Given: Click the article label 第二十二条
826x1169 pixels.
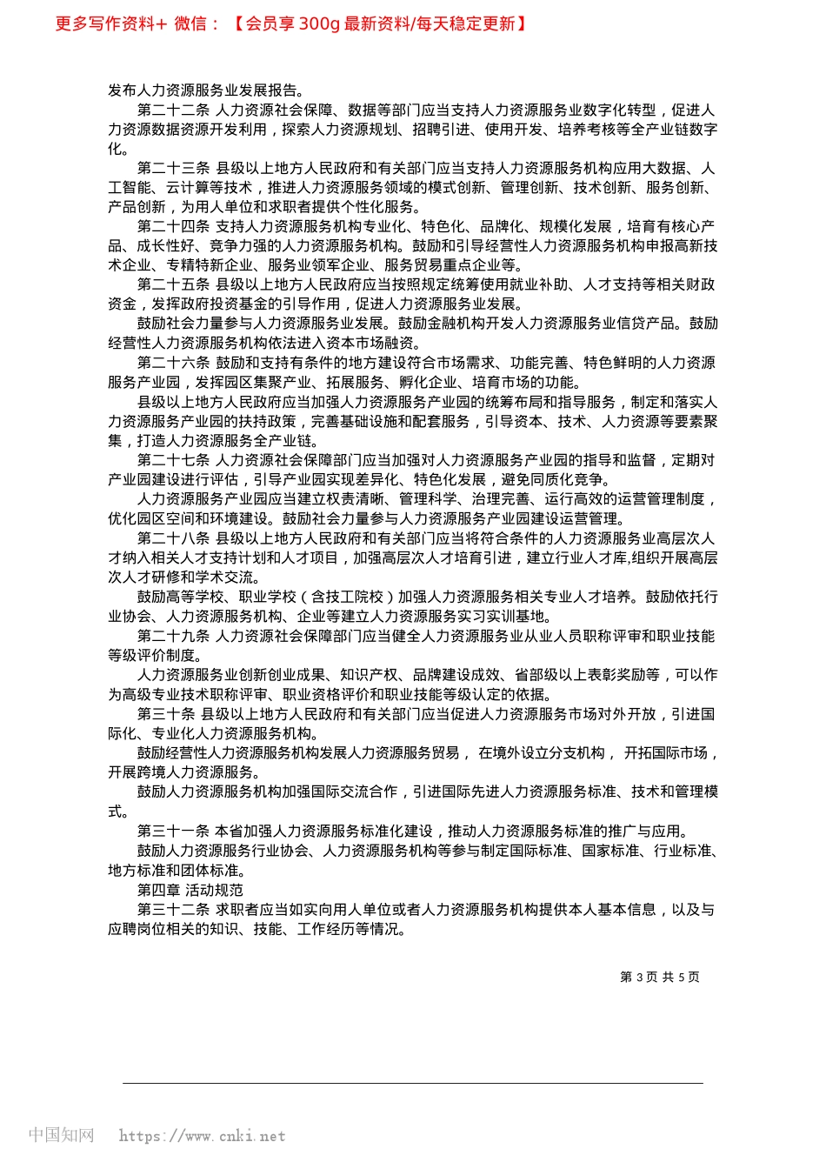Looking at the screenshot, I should pos(173,110).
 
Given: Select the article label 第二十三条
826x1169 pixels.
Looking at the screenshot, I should pos(173,169).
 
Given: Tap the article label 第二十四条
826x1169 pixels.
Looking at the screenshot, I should pos(173,227).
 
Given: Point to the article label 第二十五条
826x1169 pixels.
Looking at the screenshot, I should pos(173,285).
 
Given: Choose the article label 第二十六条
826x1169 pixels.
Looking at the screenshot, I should pos(173,363).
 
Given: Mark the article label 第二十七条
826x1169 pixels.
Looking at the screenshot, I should pos(173,460).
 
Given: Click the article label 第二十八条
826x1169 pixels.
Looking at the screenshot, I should pos(173,538).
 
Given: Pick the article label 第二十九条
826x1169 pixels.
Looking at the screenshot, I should pos(173,636).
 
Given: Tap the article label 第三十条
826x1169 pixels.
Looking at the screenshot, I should pos(166,714).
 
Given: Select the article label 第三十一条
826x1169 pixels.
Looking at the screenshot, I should pos(173,831).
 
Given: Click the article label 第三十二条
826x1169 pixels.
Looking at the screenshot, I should pos(173,909).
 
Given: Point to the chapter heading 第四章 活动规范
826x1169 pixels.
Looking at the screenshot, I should pos(190,890).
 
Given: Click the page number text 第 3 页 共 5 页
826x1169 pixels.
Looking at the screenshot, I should pos(659,978).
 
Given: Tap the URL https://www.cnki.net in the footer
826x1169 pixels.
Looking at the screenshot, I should pos(202,1136).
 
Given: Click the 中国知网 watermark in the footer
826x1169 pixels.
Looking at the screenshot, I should pos(61,1135).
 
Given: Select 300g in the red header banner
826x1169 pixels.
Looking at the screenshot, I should pos(319,24).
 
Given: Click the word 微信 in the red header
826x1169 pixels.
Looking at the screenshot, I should pos(190,24).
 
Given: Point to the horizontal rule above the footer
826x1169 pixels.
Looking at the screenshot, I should pos(412,1083).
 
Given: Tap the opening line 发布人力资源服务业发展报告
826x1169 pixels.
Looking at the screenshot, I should pos(205,90).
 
